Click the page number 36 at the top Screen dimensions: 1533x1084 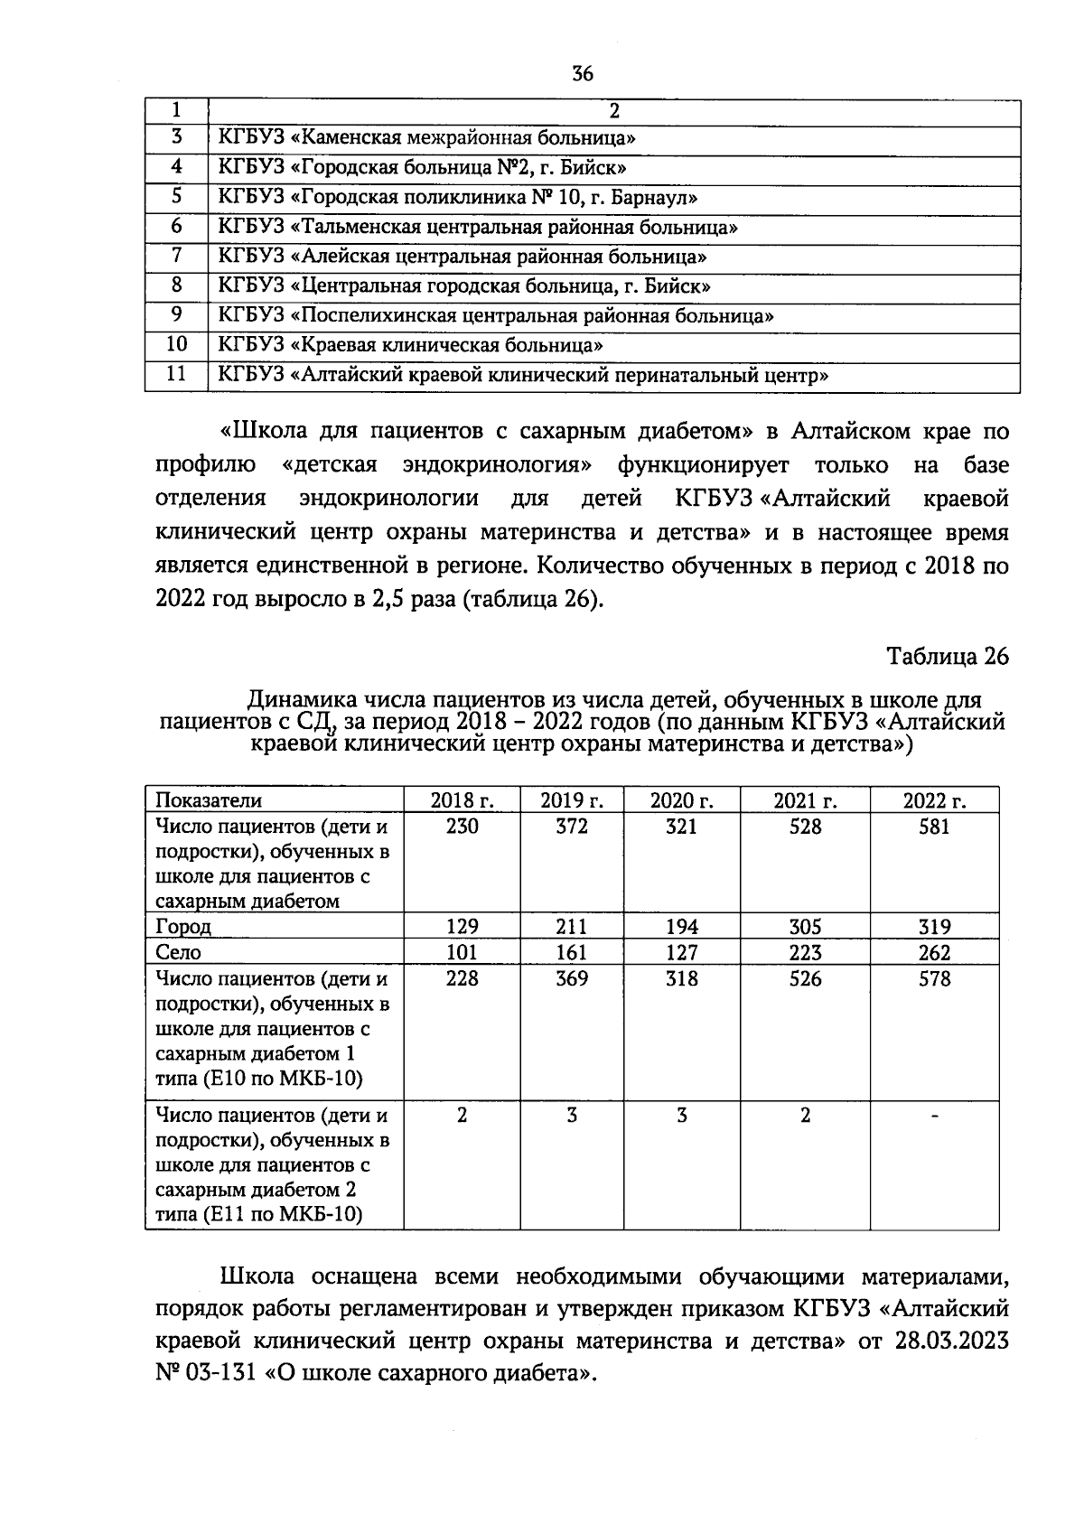[x=583, y=74]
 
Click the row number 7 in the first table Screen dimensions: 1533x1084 [x=177, y=256]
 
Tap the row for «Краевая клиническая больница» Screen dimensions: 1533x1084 [x=411, y=345]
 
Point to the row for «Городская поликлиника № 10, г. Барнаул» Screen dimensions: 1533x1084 [x=458, y=197]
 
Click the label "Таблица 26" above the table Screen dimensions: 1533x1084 [x=947, y=656]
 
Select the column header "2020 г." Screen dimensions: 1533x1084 [x=682, y=800]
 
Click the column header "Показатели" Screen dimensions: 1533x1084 [x=209, y=800]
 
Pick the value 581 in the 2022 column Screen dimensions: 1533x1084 [x=934, y=827]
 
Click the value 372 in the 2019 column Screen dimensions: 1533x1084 [x=572, y=827]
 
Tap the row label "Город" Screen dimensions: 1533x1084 [x=183, y=927]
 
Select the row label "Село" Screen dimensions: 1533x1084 [x=178, y=953]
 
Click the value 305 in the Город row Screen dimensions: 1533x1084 [x=805, y=927]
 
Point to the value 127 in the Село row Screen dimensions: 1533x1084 [x=681, y=953]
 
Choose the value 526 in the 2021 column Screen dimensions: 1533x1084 [x=805, y=979]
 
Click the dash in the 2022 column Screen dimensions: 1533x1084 [x=935, y=1117]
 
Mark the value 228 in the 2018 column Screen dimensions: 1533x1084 [x=463, y=979]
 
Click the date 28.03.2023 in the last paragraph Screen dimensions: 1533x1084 [x=950, y=1341]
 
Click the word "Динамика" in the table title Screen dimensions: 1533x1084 [x=301, y=699]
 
